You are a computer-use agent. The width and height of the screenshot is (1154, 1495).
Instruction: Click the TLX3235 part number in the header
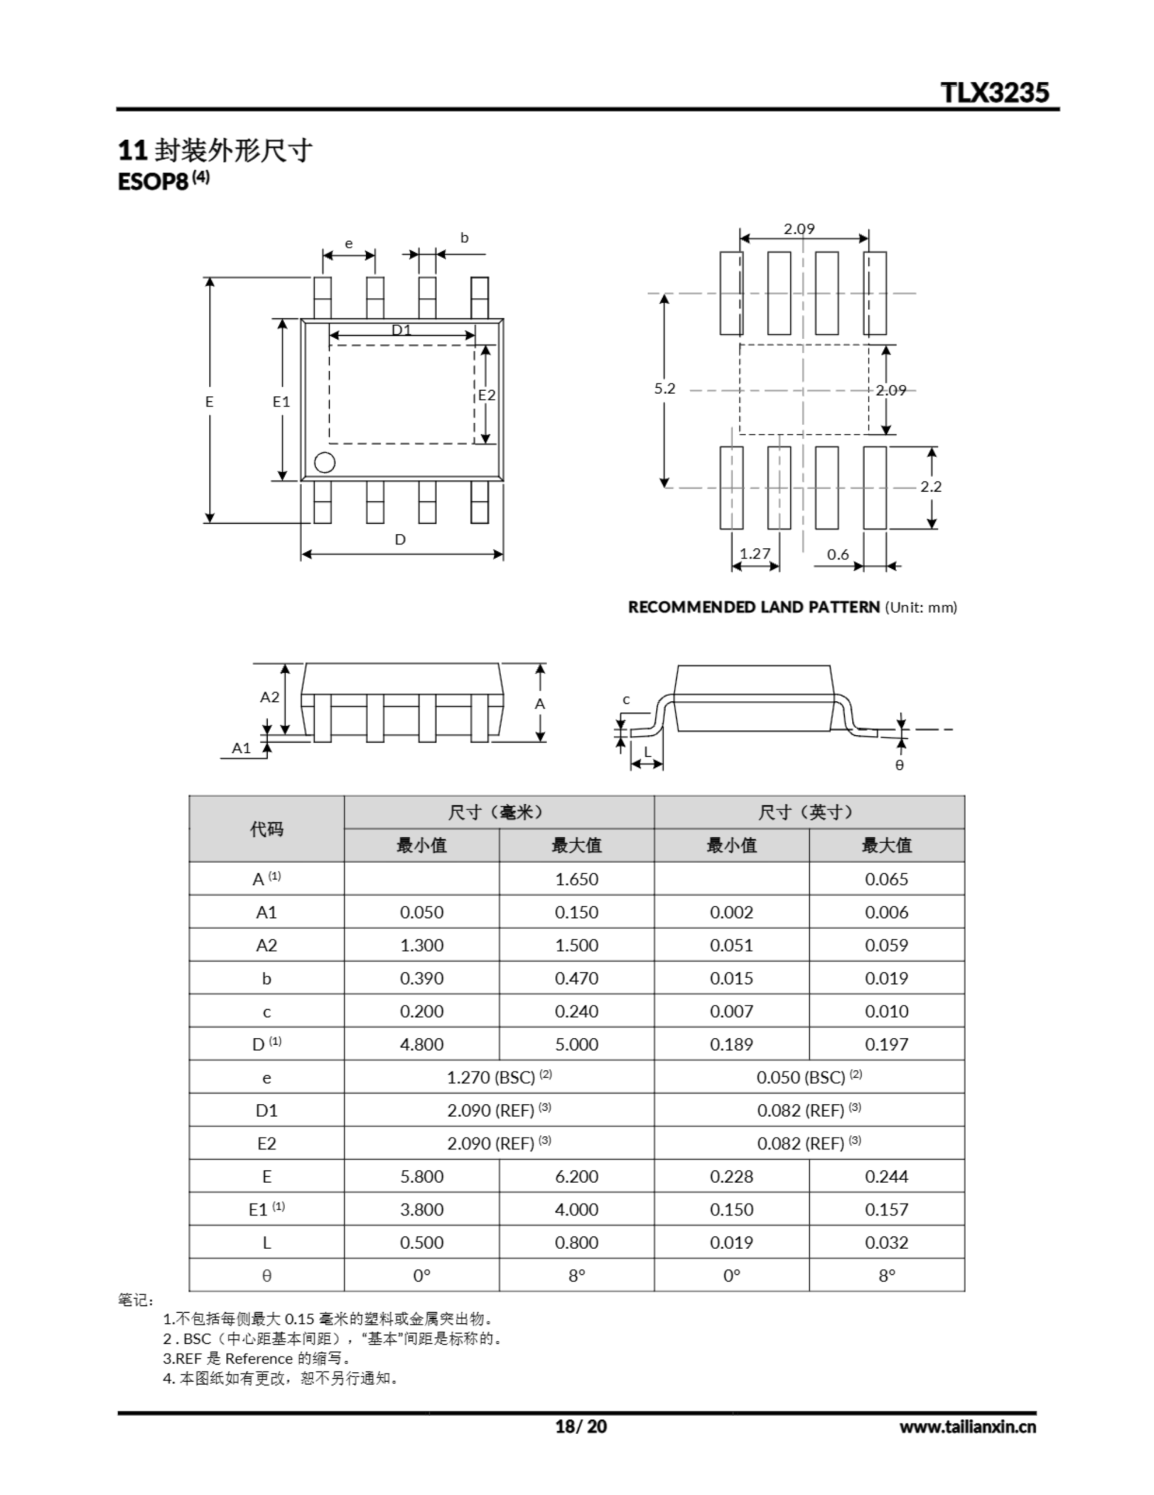pos(995,92)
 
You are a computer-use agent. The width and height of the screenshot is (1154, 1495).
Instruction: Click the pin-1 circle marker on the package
pos(325,463)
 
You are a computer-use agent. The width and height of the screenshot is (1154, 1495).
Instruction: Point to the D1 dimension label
pos(401,329)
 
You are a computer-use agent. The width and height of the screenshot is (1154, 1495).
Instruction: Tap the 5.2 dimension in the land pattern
pos(664,388)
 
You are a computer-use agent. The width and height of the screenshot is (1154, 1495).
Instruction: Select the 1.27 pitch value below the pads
pos(755,553)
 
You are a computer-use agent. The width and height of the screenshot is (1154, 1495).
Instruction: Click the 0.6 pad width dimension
pos(838,554)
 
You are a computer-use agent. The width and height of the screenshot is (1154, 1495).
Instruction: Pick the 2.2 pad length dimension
pos(931,486)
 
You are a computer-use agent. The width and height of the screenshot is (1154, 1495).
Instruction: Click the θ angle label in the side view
pos(900,764)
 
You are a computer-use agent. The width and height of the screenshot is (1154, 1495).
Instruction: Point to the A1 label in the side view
pos(242,747)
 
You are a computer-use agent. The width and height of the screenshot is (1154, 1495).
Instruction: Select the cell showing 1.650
pos(576,879)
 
